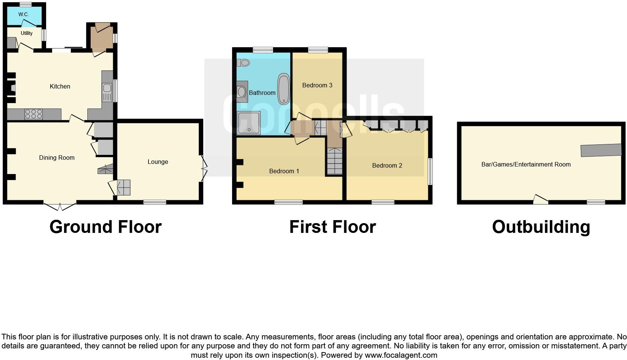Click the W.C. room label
point(23,14)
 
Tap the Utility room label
point(26,33)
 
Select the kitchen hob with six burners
point(34,114)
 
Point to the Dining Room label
point(57,158)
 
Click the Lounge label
point(157,162)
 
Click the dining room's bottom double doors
point(60,206)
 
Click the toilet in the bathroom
point(244,63)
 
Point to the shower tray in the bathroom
point(248,123)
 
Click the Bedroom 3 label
point(317,85)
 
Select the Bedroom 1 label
point(284,171)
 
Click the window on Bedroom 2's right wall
point(430,171)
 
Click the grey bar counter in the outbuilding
point(601,150)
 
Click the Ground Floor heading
point(105,227)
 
